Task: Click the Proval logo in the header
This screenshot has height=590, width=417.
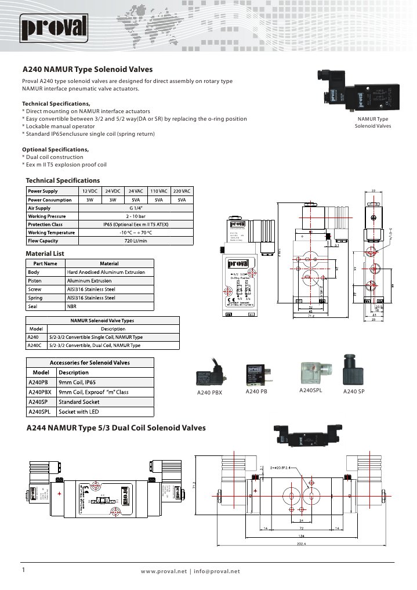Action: point(55,27)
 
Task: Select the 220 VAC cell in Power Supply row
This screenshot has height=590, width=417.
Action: point(181,191)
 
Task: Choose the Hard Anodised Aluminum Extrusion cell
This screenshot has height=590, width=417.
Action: point(110,272)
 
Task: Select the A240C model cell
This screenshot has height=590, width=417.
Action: point(34,345)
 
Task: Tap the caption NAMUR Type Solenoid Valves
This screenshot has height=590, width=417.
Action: point(373,122)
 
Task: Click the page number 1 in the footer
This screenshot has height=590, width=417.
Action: point(23,570)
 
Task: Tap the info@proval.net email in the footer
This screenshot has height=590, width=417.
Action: point(217,571)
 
